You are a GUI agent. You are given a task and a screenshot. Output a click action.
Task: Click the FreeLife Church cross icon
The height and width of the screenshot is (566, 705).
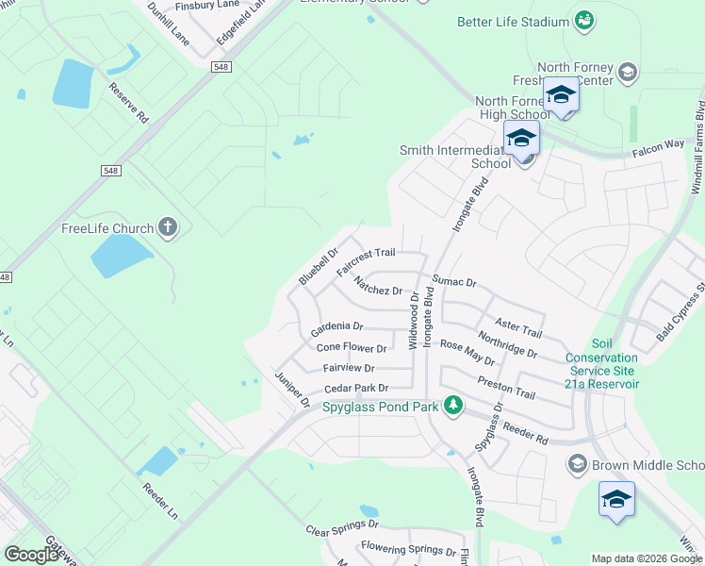coord(168,227)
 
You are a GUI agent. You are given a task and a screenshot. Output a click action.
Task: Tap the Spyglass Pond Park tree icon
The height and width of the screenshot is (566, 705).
coord(454,406)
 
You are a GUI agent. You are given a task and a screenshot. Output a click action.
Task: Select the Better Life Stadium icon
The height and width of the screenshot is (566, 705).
coord(583,20)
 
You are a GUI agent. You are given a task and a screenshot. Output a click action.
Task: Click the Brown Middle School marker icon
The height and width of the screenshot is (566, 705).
coord(577,464)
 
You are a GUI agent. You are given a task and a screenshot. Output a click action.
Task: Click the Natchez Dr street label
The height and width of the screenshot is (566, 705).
coord(378,286)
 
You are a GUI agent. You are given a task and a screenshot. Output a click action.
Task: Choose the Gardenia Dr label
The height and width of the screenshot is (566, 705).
coord(336,329)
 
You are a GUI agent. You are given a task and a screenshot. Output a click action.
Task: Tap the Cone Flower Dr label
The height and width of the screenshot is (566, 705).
coord(352,349)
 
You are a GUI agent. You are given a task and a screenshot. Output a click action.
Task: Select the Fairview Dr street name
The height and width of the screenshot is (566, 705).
coord(348,369)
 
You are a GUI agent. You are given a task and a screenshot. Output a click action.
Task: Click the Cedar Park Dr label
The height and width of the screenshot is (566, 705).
coord(356,389)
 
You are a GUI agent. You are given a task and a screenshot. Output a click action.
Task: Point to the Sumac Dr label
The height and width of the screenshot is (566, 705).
coord(455,281)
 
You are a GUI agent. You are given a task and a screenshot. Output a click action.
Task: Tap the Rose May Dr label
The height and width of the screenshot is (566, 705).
coord(467,353)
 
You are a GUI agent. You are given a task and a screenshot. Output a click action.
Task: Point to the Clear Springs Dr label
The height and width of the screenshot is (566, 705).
coord(342,526)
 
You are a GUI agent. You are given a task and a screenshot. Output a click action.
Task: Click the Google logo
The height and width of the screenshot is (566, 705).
coord(30,555)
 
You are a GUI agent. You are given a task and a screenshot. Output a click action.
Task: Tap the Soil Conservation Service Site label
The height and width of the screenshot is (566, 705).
coord(602,364)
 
